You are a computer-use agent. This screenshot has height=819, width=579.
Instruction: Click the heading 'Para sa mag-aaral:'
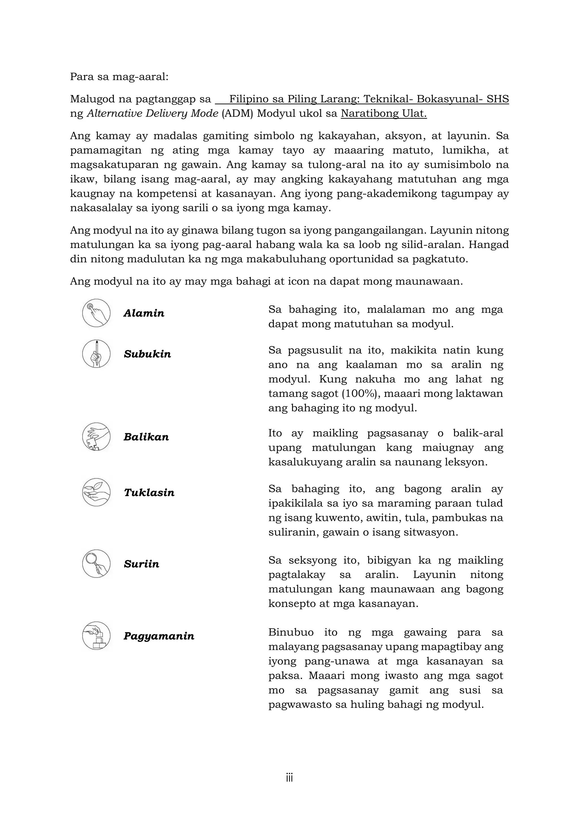[119, 77]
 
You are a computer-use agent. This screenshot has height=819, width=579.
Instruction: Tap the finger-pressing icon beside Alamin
[96, 313]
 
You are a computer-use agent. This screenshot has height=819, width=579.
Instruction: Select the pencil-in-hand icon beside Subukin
[96, 354]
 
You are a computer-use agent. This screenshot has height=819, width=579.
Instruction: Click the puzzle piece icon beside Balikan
[96, 437]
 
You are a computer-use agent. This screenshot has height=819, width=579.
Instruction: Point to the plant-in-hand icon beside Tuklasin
[96, 492]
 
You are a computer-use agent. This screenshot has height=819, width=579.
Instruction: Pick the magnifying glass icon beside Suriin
[96, 564]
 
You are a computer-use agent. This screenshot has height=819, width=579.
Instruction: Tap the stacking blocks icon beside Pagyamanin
[96, 636]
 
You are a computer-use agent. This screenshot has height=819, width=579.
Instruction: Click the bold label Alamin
[144, 313]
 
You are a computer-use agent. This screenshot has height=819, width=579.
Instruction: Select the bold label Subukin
[147, 354]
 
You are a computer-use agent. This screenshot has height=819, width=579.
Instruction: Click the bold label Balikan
[146, 437]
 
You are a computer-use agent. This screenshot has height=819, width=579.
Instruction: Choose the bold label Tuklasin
[149, 493]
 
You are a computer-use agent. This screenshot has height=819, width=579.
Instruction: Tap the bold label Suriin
[141, 564]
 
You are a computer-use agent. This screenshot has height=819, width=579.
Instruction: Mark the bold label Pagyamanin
[159, 636]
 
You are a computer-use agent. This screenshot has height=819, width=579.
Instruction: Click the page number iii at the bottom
[289, 778]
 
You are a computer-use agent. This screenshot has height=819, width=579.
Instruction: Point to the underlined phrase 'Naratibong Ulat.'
[384, 113]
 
